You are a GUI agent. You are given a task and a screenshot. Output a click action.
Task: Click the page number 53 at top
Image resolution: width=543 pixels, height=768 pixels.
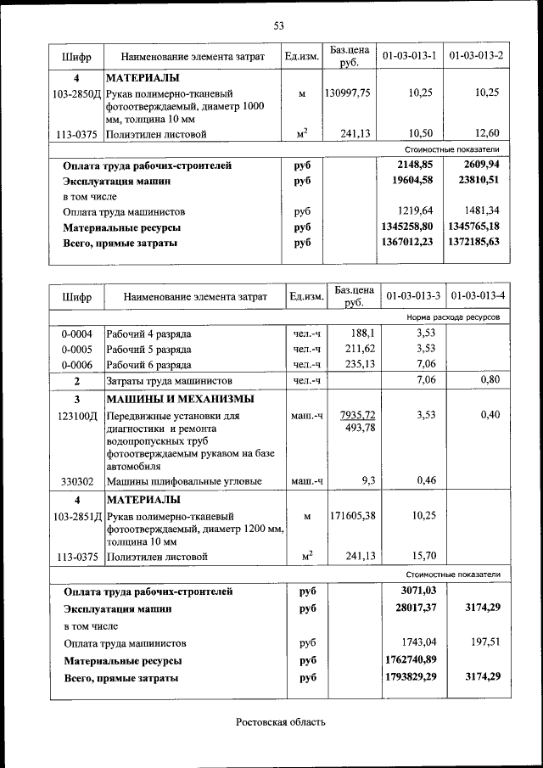277,25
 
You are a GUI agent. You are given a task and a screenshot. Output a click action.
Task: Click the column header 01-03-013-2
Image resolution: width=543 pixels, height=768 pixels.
476,56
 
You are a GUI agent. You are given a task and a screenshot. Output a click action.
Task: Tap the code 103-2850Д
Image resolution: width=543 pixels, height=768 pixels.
76,93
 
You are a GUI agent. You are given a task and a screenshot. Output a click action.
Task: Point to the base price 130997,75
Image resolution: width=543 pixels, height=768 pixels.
347,93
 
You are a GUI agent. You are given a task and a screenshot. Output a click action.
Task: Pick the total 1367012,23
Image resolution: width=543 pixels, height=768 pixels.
408,242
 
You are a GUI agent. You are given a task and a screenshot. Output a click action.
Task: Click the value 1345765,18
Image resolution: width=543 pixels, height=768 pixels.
476,227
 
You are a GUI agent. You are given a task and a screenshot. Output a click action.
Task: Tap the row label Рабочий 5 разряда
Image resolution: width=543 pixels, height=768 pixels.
148,349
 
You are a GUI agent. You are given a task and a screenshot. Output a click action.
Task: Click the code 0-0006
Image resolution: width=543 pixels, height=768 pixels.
76,364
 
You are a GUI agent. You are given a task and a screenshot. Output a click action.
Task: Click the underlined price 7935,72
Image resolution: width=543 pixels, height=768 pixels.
357,415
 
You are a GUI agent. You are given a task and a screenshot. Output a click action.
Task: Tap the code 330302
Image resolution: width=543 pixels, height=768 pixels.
76,482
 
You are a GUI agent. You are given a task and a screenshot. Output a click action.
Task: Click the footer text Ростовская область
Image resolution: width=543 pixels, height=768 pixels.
280,722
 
